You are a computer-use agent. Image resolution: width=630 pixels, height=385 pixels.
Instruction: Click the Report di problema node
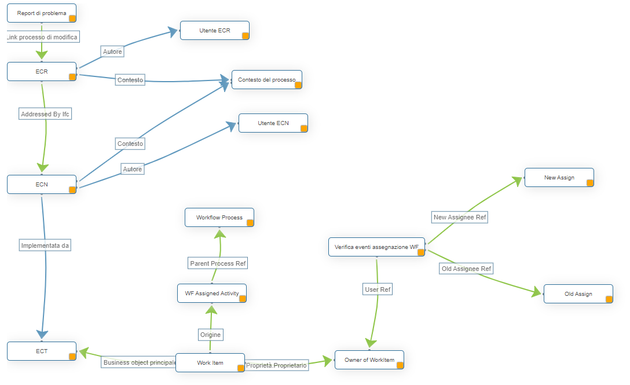[x=41, y=13]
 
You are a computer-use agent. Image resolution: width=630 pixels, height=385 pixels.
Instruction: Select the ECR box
[x=41, y=72]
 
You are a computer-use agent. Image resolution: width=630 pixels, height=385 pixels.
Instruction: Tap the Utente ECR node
[x=214, y=30]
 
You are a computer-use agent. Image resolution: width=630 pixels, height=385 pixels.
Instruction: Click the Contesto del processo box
[x=266, y=79]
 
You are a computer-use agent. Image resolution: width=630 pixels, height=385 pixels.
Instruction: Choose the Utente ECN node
[x=273, y=123]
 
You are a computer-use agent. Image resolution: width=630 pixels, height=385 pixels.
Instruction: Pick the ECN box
[x=41, y=185]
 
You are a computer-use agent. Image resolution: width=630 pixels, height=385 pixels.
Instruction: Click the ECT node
[x=41, y=351]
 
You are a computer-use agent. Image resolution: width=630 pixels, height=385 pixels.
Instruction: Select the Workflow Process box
[x=219, y=218]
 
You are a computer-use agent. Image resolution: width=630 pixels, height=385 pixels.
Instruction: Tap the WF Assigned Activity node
[x=211, y=293]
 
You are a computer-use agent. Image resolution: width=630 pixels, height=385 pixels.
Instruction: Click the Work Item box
[x=210, y=363]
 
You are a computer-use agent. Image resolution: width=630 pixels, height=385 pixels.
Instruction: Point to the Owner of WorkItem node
[x=369, y=360]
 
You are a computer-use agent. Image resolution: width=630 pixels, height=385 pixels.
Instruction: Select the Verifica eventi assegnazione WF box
[x=376, y=247]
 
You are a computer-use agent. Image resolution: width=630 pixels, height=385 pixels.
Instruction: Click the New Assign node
[x=559, y=177]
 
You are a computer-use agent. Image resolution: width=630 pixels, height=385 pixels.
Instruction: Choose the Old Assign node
[x=578, y=294]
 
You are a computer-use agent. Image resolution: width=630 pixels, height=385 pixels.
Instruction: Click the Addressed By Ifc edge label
[x=45, y=114]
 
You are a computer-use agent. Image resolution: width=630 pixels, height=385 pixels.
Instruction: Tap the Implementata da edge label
[x=45, y=245]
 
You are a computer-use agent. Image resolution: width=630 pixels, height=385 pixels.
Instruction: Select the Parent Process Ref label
[x=218, y=263]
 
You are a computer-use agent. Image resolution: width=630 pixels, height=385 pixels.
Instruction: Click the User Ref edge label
[x=378, y=289]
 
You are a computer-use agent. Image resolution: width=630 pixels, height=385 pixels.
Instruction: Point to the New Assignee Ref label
[x=460, y=217]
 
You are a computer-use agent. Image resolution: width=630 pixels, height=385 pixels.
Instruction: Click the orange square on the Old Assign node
[x=609, y=299]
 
